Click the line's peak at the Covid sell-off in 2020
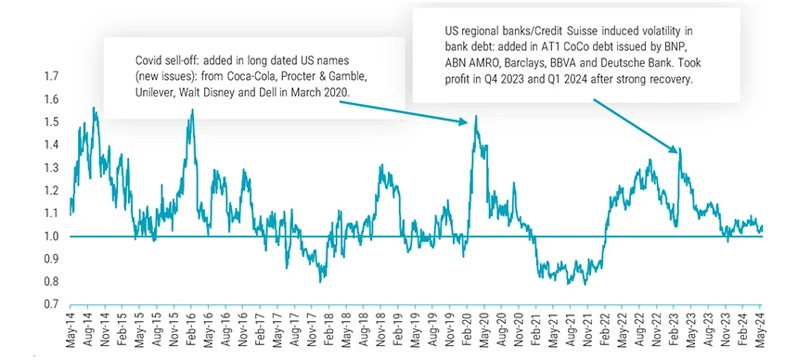point(475,117)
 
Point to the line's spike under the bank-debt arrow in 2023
point(680,148)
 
